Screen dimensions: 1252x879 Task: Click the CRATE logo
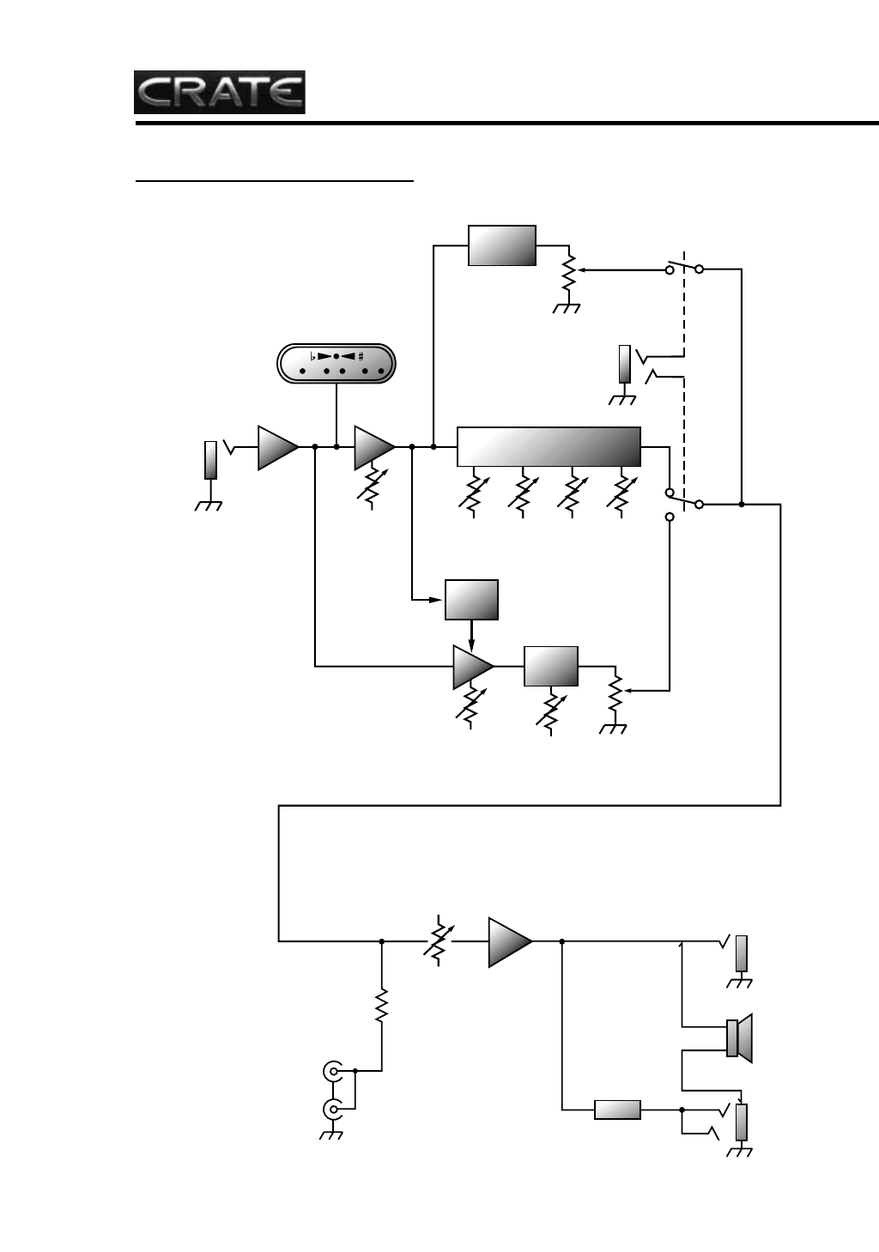coord(220,92)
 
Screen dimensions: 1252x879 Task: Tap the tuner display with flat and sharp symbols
coord(336,364)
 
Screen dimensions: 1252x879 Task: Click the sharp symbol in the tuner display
coord(361,355)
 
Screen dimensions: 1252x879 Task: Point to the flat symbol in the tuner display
coord(312,355)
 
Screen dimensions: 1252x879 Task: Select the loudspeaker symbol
coord(739,1037)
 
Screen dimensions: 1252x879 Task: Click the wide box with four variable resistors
coord(549,446)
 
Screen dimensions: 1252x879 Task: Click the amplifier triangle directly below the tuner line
coord(373,447)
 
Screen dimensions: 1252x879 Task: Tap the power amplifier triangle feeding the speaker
coord(509,941)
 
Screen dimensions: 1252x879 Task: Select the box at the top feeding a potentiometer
coord(502,245)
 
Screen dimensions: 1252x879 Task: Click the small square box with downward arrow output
coord(471,599)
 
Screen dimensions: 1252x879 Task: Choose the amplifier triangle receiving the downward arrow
coord(472,667)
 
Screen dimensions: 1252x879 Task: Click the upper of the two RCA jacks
coord(333,1071)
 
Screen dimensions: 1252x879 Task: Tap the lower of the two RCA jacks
coord(333,1110)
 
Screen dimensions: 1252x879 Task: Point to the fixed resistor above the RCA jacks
coord(382,1004)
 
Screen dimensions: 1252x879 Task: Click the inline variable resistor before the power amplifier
coord(439,941)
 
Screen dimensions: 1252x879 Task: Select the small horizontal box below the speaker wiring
coord(618,1110)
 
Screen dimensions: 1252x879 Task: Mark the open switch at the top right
coord(685,269)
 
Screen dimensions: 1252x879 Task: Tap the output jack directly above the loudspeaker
coord(741,954)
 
